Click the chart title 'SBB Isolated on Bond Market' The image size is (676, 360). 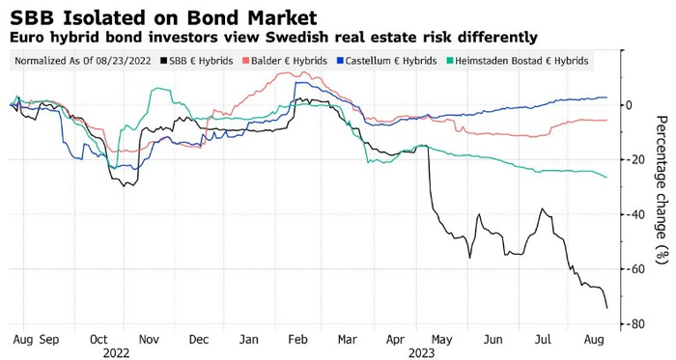click(163, 18)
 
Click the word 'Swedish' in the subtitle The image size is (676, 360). click(294, 37)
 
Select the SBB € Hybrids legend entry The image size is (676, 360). click(197, 61)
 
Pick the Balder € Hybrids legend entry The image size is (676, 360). click(285, 61)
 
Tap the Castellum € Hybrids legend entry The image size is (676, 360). click(386, 61)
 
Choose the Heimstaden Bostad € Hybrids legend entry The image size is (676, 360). click(518, 61)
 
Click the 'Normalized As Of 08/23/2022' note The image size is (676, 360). click(83, 61)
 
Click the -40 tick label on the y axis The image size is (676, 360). click(635, 214)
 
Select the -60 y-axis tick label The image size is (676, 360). click(635, 269)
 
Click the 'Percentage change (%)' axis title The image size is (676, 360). click(662, 189)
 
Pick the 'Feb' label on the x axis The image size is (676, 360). click(297, 340)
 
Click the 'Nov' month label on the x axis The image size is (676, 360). click(149, 340)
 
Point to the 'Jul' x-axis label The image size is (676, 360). click(543, 340)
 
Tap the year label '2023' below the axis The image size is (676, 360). click(422, 353)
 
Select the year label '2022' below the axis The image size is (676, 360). click(116, 353)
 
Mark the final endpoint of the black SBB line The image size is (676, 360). click(607, 308)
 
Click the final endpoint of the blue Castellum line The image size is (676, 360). click(606, 97)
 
